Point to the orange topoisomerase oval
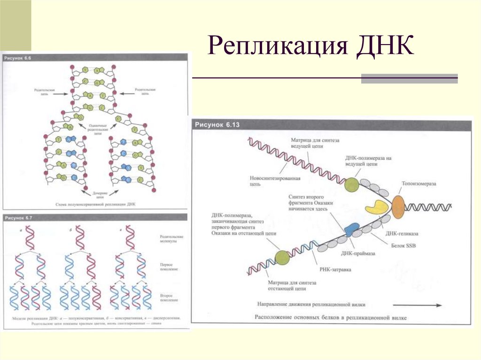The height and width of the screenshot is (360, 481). tap(398, 207)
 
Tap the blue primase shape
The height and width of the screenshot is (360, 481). tap(351, 229)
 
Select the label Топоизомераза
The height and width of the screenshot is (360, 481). tap(418, 184)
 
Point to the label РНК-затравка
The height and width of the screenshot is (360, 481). tap(334, 269)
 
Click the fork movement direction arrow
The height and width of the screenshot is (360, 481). tap(418, 305)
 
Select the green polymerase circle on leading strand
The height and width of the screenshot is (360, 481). tap(351, 185)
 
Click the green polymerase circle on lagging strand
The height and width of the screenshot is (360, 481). tap(281, 258)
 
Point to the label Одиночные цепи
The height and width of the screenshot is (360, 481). tap(98, 130)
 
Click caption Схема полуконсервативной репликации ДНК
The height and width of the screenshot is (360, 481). tap(95, 205)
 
